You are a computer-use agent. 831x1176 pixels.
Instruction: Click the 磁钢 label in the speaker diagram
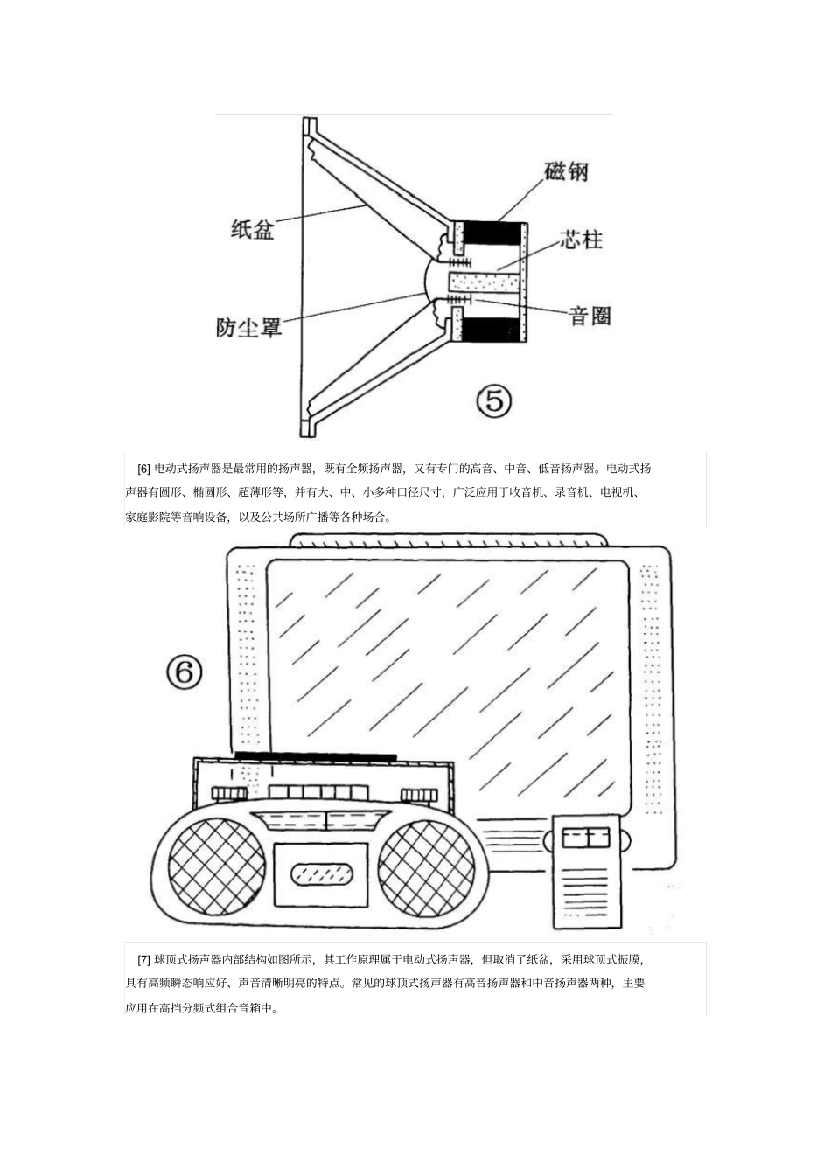566,171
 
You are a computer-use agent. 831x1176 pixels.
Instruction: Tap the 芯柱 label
582,239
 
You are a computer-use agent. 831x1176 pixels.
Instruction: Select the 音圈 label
590,316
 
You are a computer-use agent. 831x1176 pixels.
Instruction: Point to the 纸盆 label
253,229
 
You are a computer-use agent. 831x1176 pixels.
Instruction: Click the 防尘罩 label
248,327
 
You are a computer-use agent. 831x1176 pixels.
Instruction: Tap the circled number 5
494,401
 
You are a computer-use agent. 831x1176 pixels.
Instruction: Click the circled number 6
184,672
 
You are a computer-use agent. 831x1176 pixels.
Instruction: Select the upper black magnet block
491,234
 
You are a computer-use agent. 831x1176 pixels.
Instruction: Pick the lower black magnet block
491,330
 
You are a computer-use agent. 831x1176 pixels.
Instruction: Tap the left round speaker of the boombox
216,867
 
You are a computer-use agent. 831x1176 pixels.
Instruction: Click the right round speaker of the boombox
426,867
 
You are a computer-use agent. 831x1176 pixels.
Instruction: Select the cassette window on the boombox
321,873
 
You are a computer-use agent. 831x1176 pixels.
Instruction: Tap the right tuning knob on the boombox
419,795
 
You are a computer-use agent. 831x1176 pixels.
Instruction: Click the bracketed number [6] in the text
144,469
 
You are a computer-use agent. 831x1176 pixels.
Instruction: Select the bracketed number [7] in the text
144,959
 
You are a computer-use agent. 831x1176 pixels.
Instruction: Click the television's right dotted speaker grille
651,682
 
